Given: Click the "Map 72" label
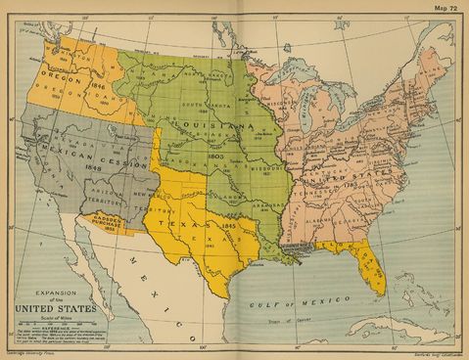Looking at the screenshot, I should pos(446,7).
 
